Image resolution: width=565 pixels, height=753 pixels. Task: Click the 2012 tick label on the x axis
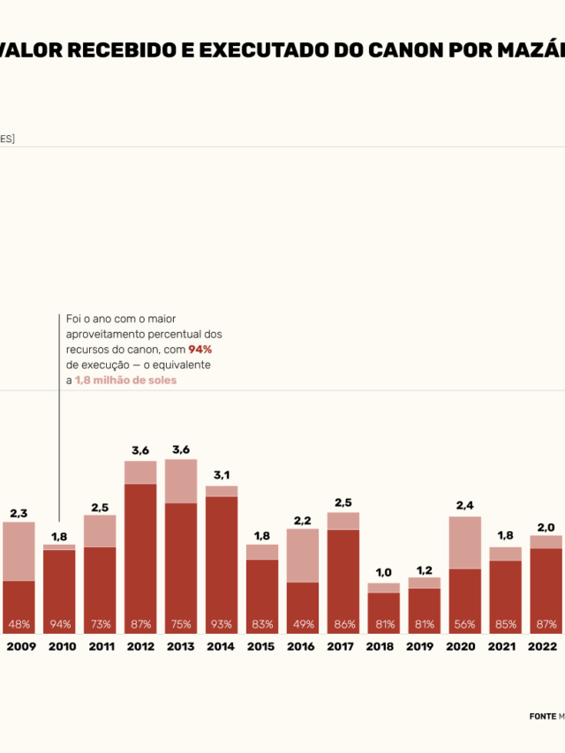[140, 646]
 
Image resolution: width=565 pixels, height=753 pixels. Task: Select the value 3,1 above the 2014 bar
[222, 476]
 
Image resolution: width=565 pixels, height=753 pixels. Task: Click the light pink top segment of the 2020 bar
[465, 542]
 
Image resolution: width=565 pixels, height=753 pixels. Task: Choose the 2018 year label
[379, 646]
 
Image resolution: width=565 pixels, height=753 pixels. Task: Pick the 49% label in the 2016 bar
[303, 624]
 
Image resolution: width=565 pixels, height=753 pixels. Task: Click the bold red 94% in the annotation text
[200, 350]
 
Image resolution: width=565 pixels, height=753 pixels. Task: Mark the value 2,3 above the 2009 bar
[19, 513]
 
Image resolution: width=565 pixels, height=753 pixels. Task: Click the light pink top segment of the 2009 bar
[19, 551]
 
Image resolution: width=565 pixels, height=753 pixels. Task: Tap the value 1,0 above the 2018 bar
[384, 573]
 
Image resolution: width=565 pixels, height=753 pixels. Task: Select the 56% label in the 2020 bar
[465, 624]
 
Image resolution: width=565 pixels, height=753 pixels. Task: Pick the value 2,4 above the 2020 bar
[465, 506]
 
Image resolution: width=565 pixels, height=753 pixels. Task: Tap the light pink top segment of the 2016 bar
[303, 554]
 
